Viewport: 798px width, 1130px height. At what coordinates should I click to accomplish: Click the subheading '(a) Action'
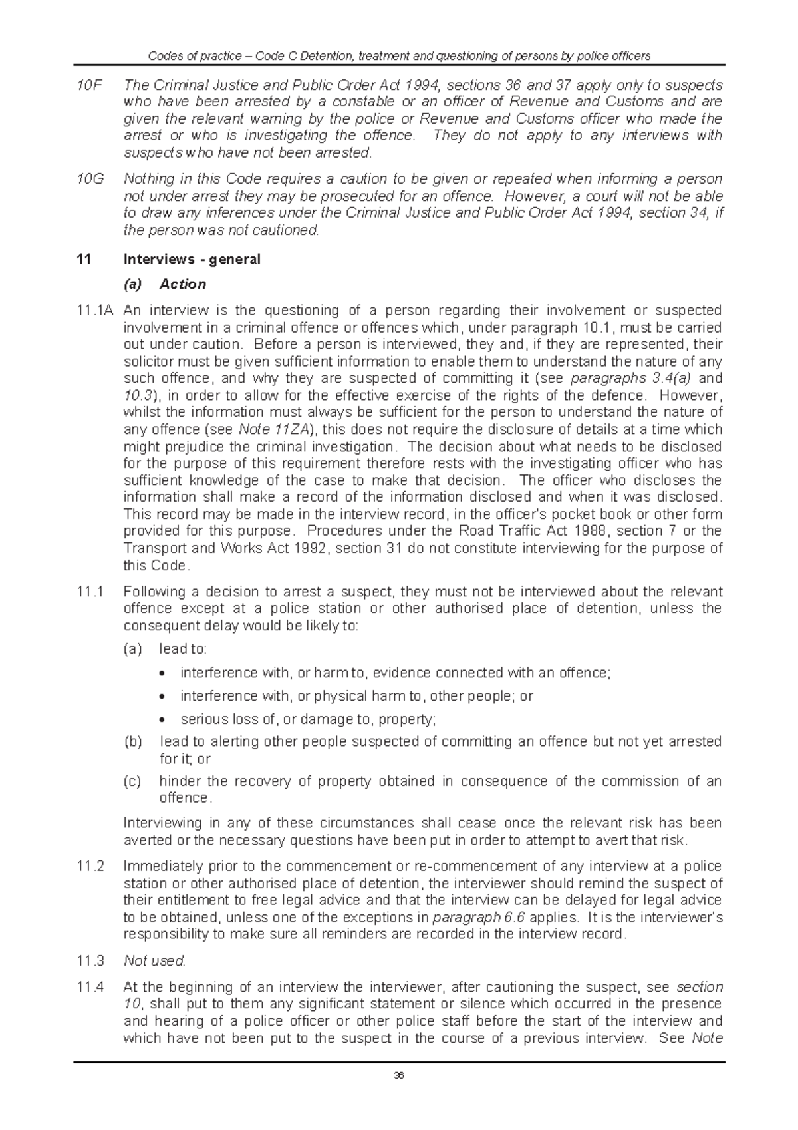(x=166, y=284)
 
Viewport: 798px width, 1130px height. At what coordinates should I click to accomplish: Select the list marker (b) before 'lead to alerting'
(x=132, y=741)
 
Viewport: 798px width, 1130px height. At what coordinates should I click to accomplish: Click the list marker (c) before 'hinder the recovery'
(x=132, y=781)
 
